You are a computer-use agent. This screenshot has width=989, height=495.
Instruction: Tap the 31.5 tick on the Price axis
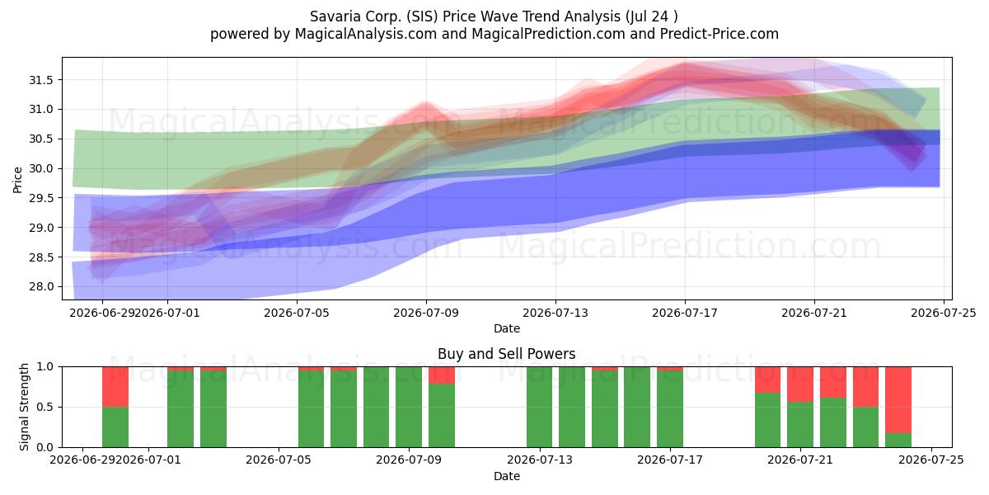(41, 80)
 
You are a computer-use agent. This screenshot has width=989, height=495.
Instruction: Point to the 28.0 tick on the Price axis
(41, 286)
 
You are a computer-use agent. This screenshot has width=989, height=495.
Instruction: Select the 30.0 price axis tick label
(41, 168)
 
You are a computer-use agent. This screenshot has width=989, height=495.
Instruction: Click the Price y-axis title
(17, 180)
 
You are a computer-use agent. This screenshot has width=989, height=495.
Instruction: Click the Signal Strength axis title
(24, 407)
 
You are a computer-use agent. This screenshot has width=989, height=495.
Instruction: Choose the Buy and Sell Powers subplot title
(506, 354)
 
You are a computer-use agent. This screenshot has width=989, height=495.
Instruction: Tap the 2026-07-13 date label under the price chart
(555, 313)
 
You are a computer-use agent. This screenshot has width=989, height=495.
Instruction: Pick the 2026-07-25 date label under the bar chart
(931, 460)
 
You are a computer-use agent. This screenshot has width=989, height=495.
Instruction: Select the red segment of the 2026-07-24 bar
(898, 400)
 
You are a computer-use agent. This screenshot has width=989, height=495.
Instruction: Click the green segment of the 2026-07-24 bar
(898, 441)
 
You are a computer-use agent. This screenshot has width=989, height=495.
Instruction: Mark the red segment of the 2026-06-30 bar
(115, 387)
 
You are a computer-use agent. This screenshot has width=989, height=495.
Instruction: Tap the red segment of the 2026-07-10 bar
(442, 375)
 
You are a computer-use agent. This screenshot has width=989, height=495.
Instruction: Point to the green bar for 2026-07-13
(539, 407)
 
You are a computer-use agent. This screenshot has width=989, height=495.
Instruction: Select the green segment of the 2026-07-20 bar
(767, 420)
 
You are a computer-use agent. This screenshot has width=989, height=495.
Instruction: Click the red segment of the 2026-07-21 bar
(800, 384)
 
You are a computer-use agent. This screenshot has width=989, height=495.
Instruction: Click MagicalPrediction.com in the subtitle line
(548, 34)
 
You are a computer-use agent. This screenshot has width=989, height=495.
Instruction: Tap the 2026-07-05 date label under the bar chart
(279, 460)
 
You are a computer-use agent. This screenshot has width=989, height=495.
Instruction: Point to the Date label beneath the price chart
(506, 328)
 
